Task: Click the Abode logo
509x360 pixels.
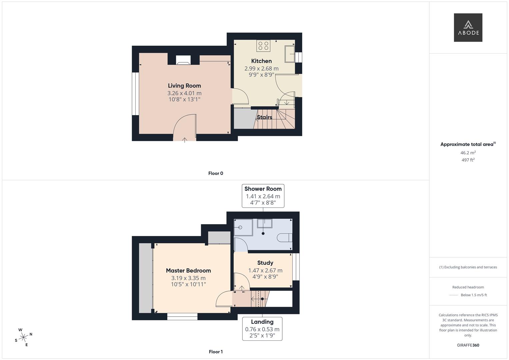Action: (468, 27)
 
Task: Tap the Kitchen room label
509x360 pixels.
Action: (261, 61)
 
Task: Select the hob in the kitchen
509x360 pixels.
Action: (263, 46)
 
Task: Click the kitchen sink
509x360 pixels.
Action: (290, 54)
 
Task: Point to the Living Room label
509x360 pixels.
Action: (184, 86)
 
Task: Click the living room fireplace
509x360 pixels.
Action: (183, 60)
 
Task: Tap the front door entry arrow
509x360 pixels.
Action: (185, 140)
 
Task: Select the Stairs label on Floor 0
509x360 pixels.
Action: (264, 117)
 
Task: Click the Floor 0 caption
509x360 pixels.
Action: (216, 173)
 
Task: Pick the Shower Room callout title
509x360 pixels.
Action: (263, 189)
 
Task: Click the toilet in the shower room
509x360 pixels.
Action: (285, 237)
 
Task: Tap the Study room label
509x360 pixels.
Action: (265, 263)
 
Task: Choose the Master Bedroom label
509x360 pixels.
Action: (188, 271)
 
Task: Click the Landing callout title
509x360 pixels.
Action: (262, 322)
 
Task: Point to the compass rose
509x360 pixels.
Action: (23, 337)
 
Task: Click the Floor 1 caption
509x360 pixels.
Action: (216, 352)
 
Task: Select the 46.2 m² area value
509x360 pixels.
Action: (468, 153)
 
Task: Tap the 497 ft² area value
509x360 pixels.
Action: (468, 160)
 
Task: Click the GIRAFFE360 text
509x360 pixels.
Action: (468, 345)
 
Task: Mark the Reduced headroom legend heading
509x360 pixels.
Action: (468, 287)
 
